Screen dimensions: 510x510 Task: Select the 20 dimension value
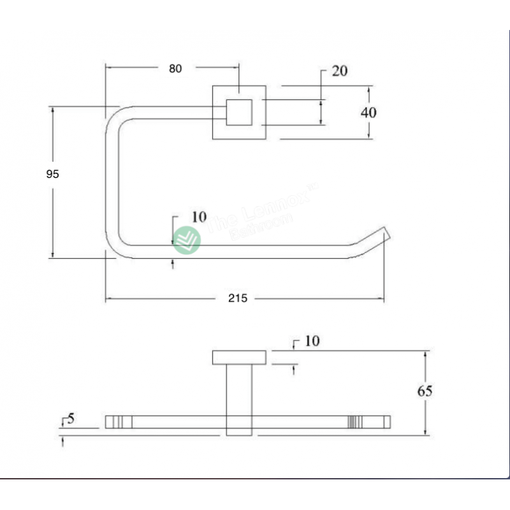pyautogui.click(x=339, y=71)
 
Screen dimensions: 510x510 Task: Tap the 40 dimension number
pyautogui.click(x=368, y=112)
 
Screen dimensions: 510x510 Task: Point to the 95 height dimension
pyautogui.click(x=52, y=173)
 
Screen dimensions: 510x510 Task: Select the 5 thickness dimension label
pyautogui.click(x=71, y=419)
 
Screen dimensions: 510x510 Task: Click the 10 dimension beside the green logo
pyautogui.click(x=199, y=217)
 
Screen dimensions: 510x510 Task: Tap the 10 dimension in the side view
pyautogui.click(x=312, y=342)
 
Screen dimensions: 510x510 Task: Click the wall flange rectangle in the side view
pyautogui.click(x=239, y=357)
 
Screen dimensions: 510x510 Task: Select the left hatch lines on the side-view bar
pyautogui.click(x=118, y=421)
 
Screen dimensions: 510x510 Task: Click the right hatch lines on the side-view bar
pyautogui.click(x=355, y=421)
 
